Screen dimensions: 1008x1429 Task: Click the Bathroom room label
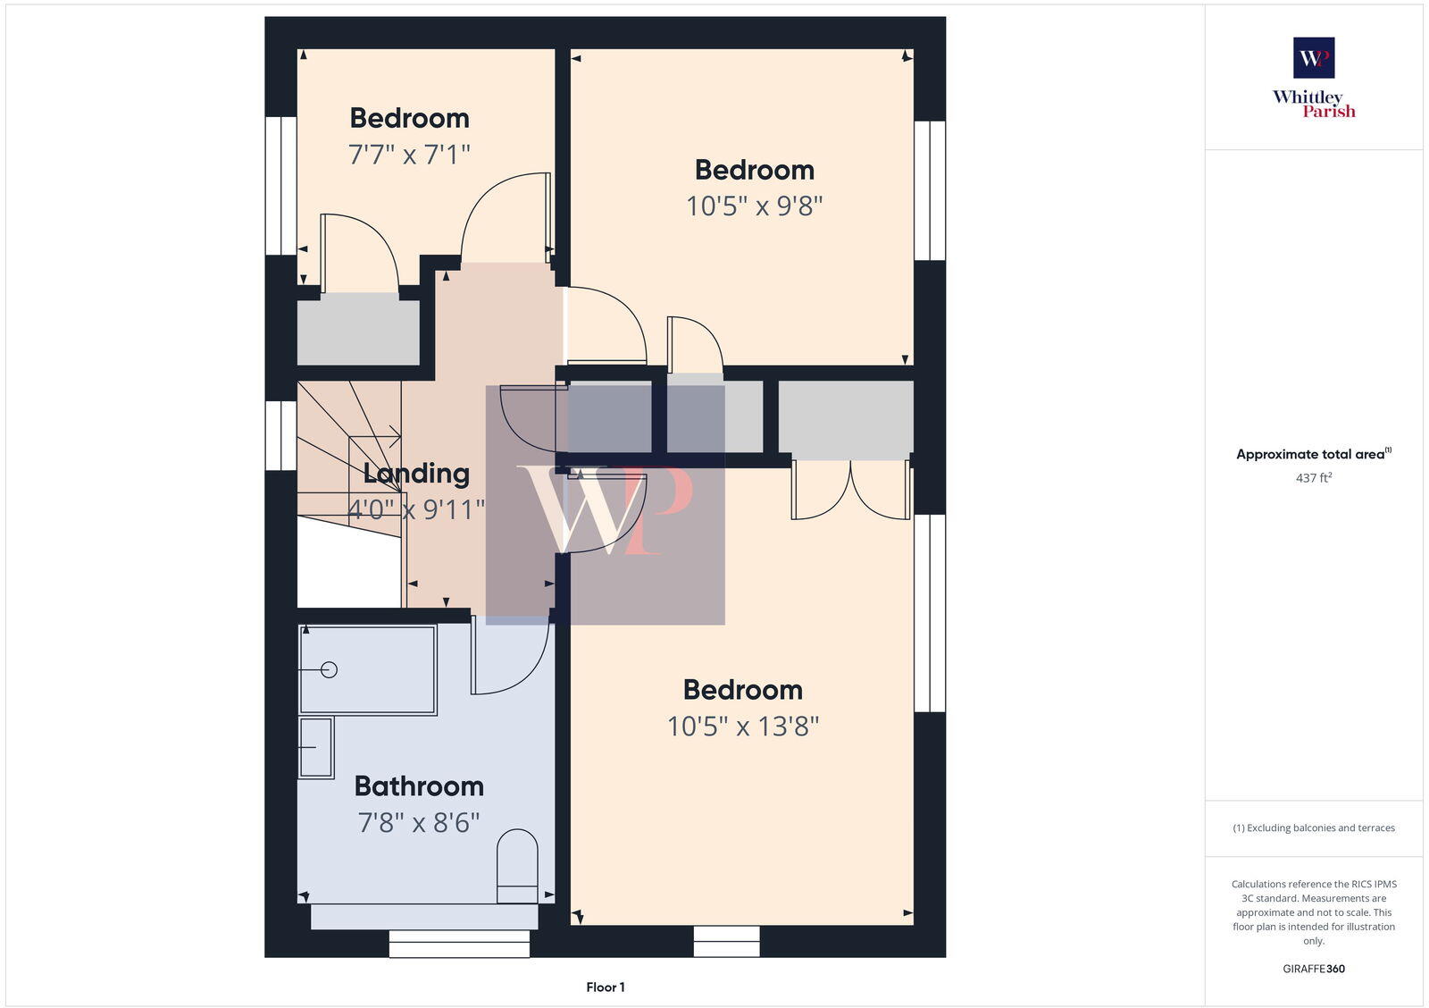[x=419, y=785]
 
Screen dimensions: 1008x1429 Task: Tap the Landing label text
[x=416, y=473]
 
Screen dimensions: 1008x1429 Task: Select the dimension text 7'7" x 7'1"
[x=409, y=155]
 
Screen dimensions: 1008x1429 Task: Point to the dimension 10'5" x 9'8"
[x=754, y=206]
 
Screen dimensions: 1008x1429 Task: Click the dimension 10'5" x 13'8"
[x=743, y=727]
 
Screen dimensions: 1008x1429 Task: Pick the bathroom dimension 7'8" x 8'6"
[x=419, y=822]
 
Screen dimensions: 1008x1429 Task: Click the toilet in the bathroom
[x=517, y=866]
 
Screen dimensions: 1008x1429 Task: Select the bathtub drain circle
[x=329, y=669]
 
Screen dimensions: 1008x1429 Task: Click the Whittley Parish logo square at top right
[x=1314, y=58]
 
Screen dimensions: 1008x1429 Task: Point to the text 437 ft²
[x=1314, y=478]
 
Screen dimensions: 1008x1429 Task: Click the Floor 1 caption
[x=606, y=987]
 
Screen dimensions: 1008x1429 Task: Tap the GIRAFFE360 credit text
[x=1314, y=969]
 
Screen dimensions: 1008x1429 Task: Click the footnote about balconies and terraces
[x=1314, y=827]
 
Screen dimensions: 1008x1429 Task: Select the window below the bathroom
[x=459, y=944]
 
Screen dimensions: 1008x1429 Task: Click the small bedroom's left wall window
[x=281, y=186]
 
